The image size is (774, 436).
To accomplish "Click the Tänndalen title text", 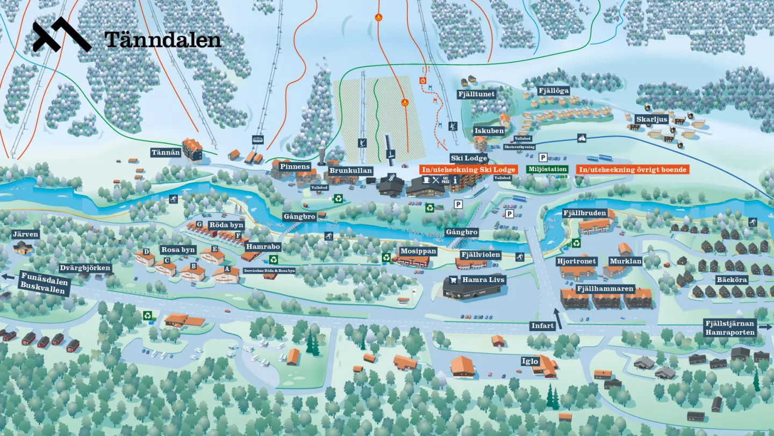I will click(x=163, y=39).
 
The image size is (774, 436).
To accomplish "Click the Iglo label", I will click(x=530, y=361).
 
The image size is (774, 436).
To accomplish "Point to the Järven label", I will click(x=25, y=234).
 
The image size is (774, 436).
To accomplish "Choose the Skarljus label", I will click(x=651, y=119).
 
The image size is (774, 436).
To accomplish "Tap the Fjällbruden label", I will click(x=585, y=213).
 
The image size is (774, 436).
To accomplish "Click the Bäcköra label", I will click(x=732, y=279).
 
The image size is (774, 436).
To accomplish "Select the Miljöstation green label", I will click(x=548, y=169).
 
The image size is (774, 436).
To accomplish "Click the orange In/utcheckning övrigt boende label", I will click(x=632, y=170).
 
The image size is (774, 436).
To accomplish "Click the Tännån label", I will click(x=166, y=153).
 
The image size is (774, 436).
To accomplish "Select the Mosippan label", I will click(x=418, y=251).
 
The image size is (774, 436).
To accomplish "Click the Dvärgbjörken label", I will click(x=85, y=268).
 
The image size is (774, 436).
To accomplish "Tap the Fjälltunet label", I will click(x=476, y=94).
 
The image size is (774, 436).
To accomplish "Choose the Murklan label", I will click(x=625, y=261).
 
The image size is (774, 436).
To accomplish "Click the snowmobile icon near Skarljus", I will click(x=582, y=138).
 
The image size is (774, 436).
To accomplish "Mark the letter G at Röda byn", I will click(x=199, y=224).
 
